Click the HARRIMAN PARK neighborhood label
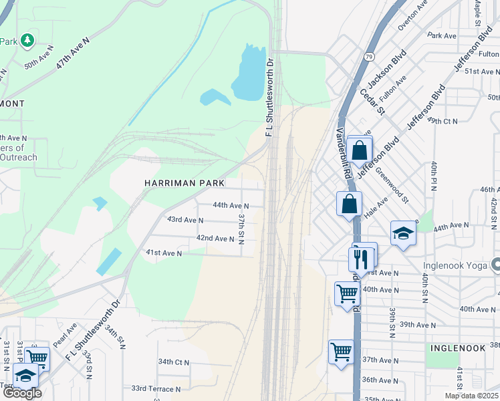(x=184, y=183)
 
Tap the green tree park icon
(x=27, y=41)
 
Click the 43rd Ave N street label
(x=185, y=220)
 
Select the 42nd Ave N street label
(x=215, y=238)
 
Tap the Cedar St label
(x=372, y=101)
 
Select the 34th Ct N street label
(x=174, y=362)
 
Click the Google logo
(x=22, y=393)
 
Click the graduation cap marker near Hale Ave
(x=403, y=233)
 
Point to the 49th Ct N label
(x=442, y=121)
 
